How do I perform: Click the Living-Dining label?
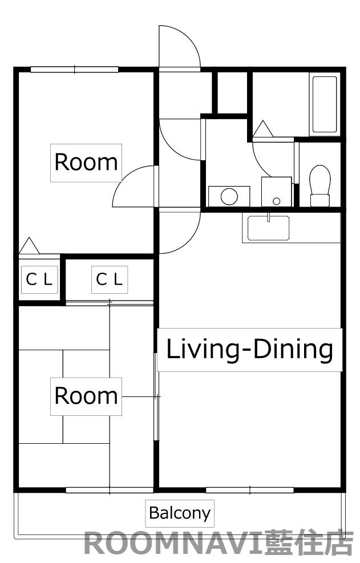[x=249, y=350]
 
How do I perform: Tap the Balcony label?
[x=180, y=513]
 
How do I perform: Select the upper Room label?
[x=86, y=163]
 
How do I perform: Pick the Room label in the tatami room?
[x=86, y=396]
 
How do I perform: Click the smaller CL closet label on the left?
[x=39, y=280]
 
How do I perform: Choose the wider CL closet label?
[x=109, y=280]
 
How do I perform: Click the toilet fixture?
[x=320, y=185]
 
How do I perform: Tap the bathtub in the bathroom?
[x=325, y=104]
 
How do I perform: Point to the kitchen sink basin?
[x=268, y=228]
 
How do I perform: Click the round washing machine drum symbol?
[x=229, y=196]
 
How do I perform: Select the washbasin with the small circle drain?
[x=276, y=192]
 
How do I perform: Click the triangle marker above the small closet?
[x=29, y=246]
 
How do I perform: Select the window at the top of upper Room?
[x=74, y=70]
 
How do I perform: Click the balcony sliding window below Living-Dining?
[x=250, y=490]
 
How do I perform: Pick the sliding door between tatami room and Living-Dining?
[x=156, y=397]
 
